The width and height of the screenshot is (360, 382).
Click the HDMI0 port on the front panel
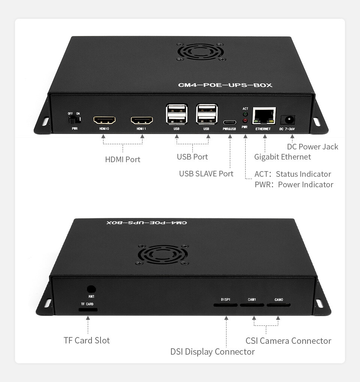pos(104,120)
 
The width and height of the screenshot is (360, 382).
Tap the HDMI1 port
pos(142,120)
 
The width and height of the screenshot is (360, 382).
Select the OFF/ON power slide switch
pos(74,120)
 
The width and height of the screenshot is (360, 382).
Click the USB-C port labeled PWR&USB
pos(229,122)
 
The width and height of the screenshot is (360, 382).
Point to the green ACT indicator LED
pos(245,114)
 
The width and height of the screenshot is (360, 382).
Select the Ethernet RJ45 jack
pos(264,116)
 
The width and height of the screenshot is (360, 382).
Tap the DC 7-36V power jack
pos(288,120)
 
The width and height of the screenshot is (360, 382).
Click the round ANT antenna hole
pos(91,289)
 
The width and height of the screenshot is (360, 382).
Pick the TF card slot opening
pos(88,310)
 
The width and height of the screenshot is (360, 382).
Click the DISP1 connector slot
pos(226,305)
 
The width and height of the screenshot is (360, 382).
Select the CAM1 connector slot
pos(252,305)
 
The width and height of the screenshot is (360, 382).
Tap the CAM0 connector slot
pos(279,305)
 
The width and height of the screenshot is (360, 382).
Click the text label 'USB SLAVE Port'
pos(206,174)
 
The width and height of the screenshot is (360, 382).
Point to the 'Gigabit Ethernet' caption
pos(282,157)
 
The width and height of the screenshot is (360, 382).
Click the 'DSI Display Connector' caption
pos(213,352)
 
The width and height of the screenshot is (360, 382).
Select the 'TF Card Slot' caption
pos(87,340)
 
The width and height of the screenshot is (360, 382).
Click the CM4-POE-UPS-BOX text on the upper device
pos(225,85)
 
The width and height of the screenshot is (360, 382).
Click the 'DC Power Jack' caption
pos(312,147)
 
